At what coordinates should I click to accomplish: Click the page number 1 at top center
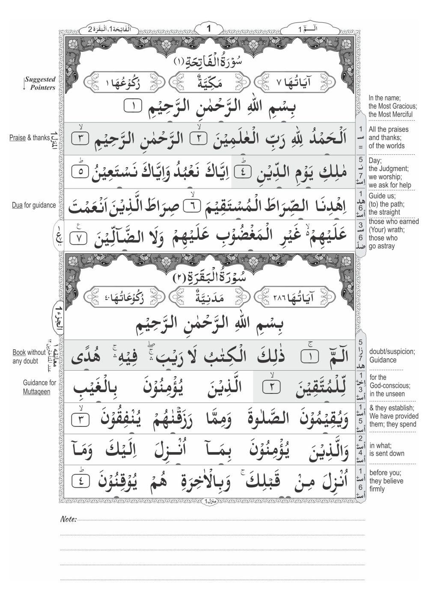click(x=209, y=29)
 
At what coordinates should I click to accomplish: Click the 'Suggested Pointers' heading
click(x=40, y=83)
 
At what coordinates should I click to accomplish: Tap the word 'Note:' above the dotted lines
click(x=68, y=519)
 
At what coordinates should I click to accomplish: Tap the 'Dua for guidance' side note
click(x=34, y=205)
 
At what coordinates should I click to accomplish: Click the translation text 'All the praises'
click(x=389, y=129)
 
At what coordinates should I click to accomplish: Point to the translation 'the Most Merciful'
click(x=390, y=114)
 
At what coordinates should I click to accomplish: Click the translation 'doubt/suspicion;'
click(x=392, y=351)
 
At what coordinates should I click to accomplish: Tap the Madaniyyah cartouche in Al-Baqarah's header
click(x=209, y=297)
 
